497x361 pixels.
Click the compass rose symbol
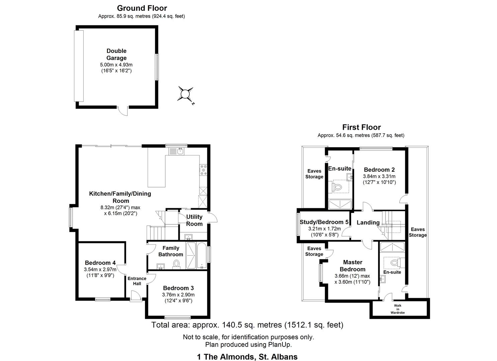[184, 94]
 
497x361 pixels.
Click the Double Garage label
[116, 54]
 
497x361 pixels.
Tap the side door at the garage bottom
[123, 111]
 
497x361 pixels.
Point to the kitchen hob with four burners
[203, 170]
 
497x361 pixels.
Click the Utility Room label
[194, 220]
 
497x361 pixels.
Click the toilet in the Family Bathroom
[176, 265]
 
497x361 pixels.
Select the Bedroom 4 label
[100, 263]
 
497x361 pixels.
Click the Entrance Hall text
[137, 281]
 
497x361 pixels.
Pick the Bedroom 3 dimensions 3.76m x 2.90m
[178, 294]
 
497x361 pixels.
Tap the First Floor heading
[361, 127]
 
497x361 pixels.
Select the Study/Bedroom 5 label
[324, 222]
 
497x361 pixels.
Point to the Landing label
[368, 223]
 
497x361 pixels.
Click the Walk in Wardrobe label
[398, 309]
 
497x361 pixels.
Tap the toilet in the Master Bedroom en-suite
[395, 263]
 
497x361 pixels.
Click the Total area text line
[247, 325]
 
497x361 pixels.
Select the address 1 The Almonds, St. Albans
[247, 357]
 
